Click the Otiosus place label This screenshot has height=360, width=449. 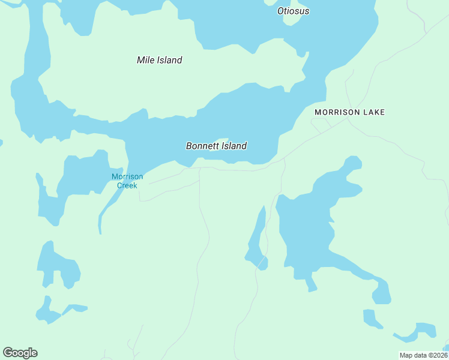[x=293, y=11]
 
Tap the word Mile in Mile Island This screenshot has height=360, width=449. [x=146, y=60]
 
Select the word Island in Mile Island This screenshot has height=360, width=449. [x=170, y=60]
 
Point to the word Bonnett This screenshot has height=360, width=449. [x=202, y=146]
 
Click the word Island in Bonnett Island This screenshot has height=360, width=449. [x=234, y=146]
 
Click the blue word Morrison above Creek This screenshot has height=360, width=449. [x=127, y=176]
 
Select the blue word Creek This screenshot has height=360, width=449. [x=127, y=185]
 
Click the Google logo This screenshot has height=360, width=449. [x=20, y=353]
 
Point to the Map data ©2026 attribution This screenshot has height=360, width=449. [x=423, y=355]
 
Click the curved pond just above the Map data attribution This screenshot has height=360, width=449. [x=420, y=331]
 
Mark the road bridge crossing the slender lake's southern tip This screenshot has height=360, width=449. [x=261, y=263]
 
